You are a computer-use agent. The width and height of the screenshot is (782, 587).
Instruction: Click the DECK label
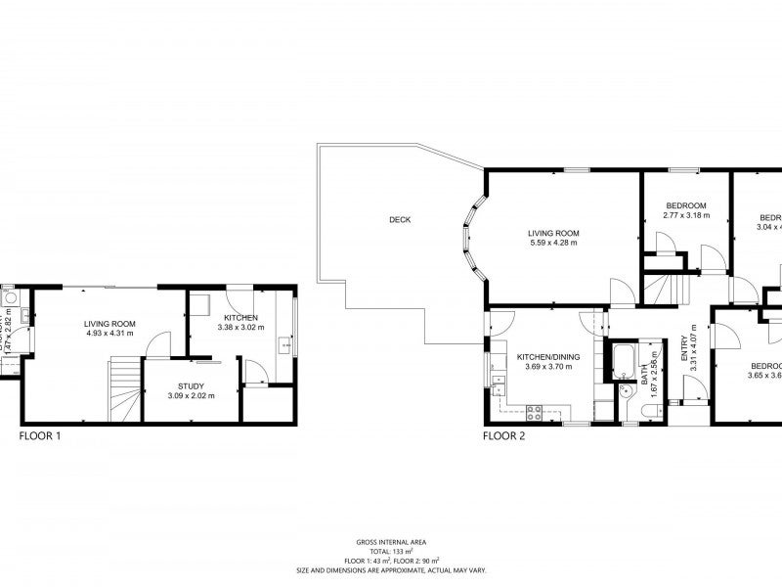[400, 220]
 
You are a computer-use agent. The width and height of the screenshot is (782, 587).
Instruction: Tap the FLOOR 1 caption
[40, 436]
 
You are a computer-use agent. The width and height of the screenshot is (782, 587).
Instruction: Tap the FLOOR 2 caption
[503, 436]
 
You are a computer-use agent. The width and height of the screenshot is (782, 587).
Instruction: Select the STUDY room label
[191, 385]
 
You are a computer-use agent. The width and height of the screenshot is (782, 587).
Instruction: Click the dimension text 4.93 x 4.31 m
[109, 334]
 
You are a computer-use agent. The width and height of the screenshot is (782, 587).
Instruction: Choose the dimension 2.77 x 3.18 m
[686, 215]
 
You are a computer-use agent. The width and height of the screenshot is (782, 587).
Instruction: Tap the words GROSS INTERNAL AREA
[391, 541]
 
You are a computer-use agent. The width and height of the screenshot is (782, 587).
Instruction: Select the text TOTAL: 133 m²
[391, 551]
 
